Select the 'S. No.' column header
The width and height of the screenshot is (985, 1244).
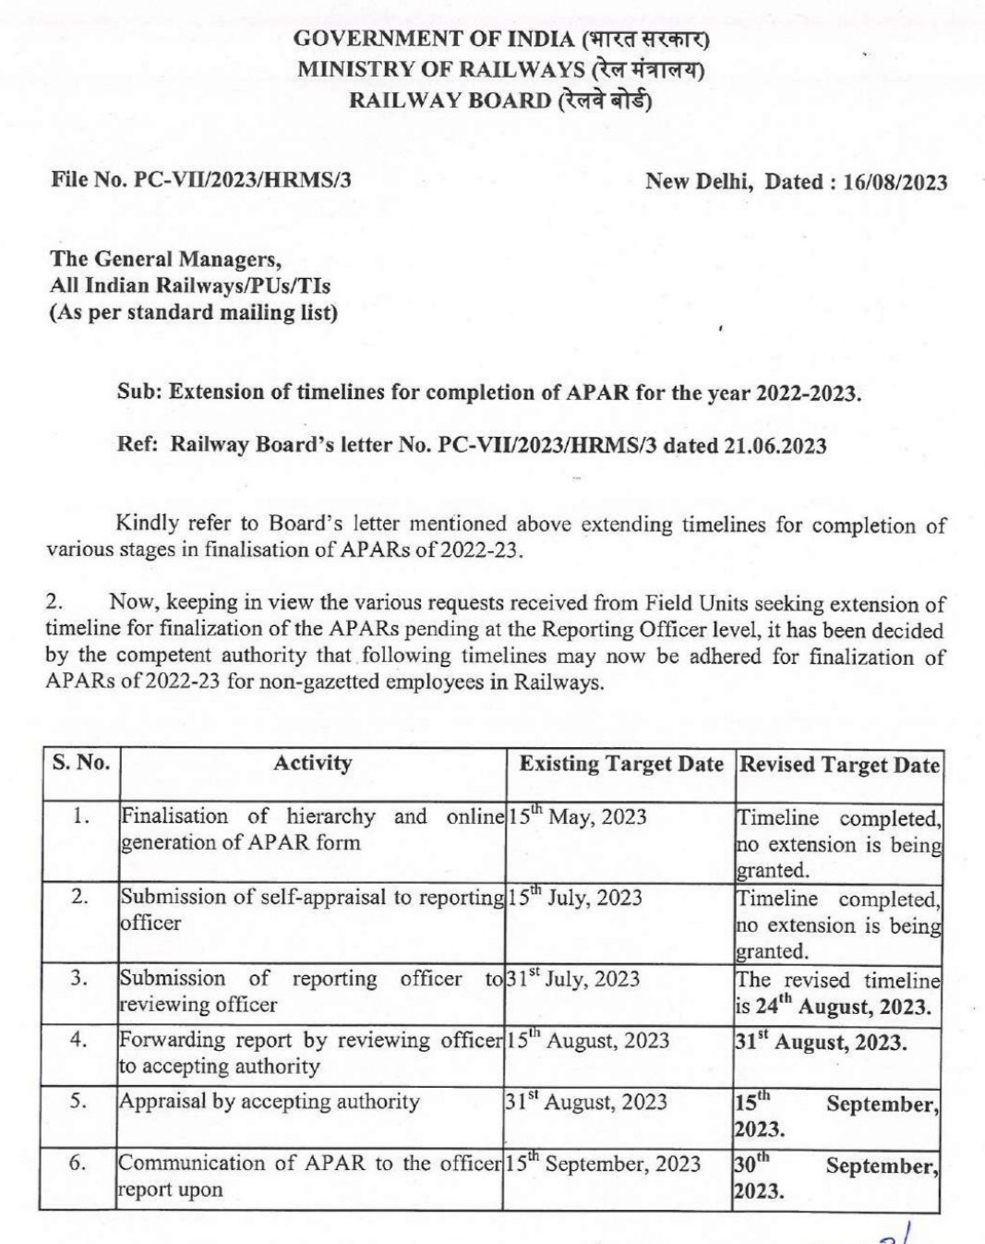click(81, 763)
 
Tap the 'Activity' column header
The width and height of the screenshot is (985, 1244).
click(312, 763)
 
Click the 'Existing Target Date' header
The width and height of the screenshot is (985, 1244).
click(620, 764)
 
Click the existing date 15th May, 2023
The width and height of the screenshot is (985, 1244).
click(577, 817)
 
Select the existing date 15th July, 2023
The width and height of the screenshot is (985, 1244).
click(575, 898)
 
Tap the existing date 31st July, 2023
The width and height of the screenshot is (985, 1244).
click(573, 978)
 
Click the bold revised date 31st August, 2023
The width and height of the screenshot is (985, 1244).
click(821, 1042)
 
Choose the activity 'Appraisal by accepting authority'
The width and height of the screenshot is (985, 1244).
click(269, 1101)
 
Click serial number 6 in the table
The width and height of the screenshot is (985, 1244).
click(78, 1163)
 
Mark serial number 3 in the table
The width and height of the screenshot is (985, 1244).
click(79, 978)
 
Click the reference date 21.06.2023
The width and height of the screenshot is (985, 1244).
click(775, 446)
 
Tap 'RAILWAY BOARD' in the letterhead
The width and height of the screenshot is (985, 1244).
click(449, 101)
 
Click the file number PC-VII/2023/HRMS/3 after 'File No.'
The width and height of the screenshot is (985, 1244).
click(243, 180)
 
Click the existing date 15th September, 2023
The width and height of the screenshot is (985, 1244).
click(603, 1164)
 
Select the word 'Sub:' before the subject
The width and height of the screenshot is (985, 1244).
click(139, 392)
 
